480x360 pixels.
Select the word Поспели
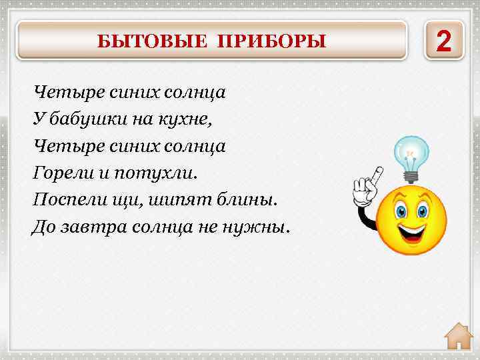point(67,200)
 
